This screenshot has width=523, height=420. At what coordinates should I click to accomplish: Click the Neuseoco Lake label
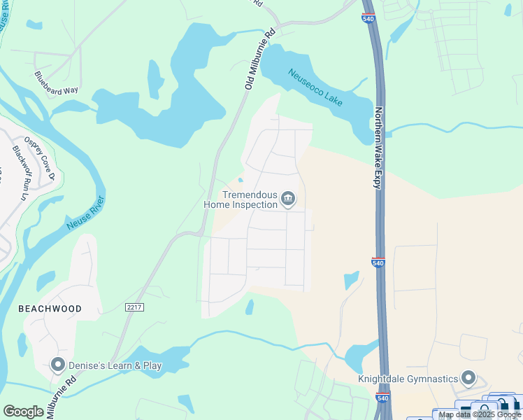pyautogui.click(x=315, y=87)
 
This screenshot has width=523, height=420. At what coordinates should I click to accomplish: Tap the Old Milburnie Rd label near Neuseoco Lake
pyautogui.click(x=260, y=59)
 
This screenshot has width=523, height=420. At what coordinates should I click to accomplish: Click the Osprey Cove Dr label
pyautogui.click(x=40, y=157)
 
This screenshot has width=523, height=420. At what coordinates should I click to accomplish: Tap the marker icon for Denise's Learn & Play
pyautogui.click(x=57, y=365)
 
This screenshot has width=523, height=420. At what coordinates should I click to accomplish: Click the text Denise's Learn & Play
pyautogui.click(x=110, y=365)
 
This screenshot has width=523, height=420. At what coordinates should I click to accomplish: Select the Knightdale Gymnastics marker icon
pyautogui.click(x=468, y=379)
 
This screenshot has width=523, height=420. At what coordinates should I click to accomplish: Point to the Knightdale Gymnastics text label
pyautogui.click(x=408, y=379)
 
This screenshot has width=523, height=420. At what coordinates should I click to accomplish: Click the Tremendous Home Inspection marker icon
pyautogui.click(x=287, y=200)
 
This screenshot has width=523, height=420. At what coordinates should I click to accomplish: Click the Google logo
pyautogui.click(x=23, y=411)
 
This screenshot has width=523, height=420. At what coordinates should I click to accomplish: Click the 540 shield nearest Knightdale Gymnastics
pyautogui.click(x=381, y=398)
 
